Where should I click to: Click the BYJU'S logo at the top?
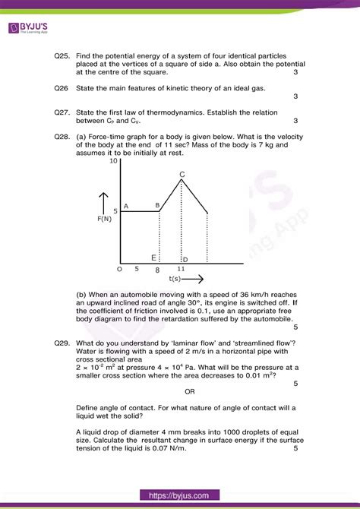pyautogui.click(x=37, y=28)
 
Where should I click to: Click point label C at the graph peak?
pyautogui.click(x=182, y=175)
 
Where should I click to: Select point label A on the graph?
pyautogui.click(x=125, y=206)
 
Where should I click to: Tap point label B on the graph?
pyautogui.click(x=157, y=205)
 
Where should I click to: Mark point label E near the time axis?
pyautogui.click(x=153, y=258)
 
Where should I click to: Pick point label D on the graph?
pyautogui.click(x=185, y=260)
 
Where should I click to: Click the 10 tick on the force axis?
pyautogui.click(x=114, y=162)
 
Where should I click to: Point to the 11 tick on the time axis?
pyautogui.click(x=181, y=269)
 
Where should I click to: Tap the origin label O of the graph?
pyautogui.click(x=119, y=269)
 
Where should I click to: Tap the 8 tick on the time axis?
pyautogui.click(x=157, y=269)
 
